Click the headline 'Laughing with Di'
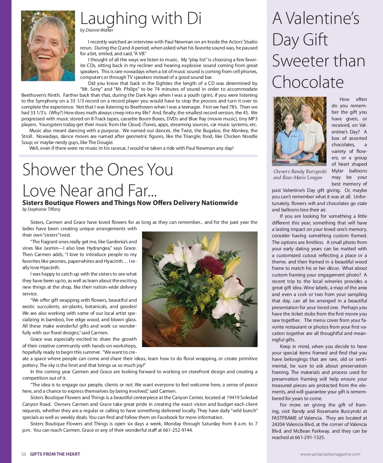coord(141,19)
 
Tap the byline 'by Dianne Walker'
coord(97,30)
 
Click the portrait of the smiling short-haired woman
coord(48,46)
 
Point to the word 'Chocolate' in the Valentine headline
coord(308,82)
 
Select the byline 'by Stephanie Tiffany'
coord(41,209)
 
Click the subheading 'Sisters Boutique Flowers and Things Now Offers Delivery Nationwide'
coord(130,203)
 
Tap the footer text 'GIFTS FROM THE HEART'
coord(55,454)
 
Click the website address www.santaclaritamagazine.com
coord(330,454)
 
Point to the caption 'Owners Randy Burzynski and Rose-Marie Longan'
coord(300,174)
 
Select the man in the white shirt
coord(315,131)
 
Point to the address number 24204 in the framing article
coord(281,424)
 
